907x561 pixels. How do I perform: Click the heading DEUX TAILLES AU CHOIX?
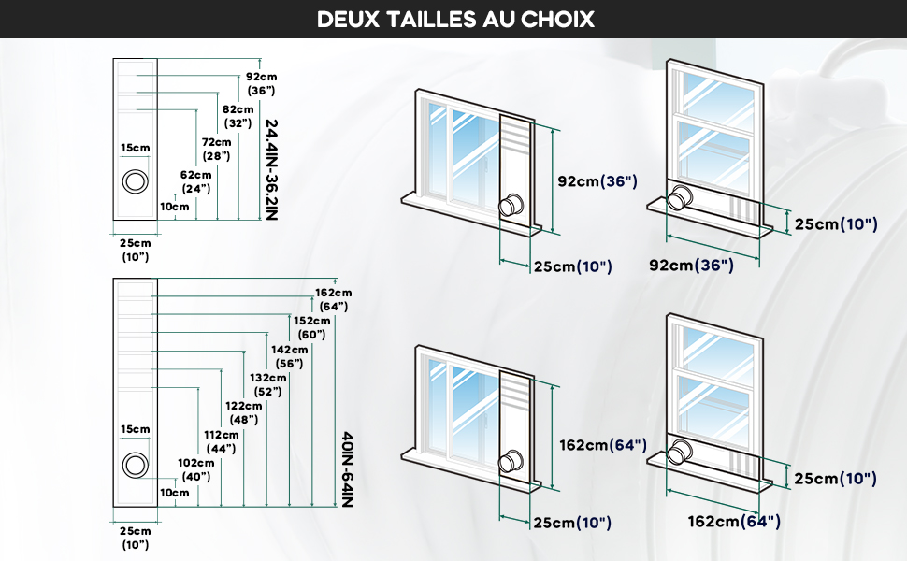(455, 19)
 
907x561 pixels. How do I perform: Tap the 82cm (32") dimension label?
(238, 116)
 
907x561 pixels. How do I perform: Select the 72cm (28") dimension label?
(216, 149)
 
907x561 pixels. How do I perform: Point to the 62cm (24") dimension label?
(195, 181)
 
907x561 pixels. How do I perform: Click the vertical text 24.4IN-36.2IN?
(272, 169)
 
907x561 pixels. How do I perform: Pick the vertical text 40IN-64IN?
(347, 469)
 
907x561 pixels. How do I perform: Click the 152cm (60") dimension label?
(311, 327)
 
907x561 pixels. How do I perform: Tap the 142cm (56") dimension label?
(289, 356)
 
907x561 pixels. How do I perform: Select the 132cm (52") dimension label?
(267, 384)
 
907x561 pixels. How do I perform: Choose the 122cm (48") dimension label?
(243, 413)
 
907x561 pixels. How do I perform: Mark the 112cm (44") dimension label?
(221, 441)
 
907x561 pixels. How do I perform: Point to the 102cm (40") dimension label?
(196, 469)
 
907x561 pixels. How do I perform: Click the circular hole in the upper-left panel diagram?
(136, 181)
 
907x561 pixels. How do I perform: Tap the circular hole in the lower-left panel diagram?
(136, 465)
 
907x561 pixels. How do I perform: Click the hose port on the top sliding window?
(511, 205)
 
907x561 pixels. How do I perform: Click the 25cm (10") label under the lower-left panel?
(136, 538)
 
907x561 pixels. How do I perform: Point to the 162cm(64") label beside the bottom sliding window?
(603, 445)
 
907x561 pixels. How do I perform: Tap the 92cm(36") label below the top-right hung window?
(691, 265)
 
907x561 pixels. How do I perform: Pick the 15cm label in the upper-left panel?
(136, 148)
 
